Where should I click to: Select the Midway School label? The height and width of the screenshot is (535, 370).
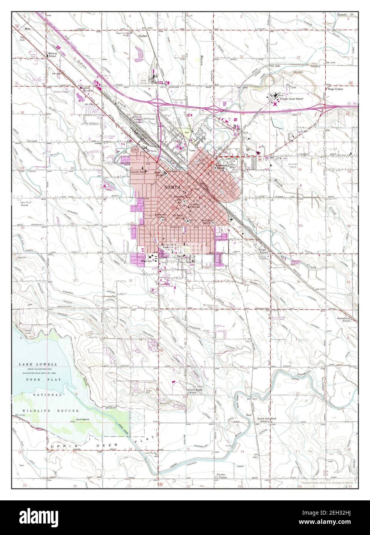53,55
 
